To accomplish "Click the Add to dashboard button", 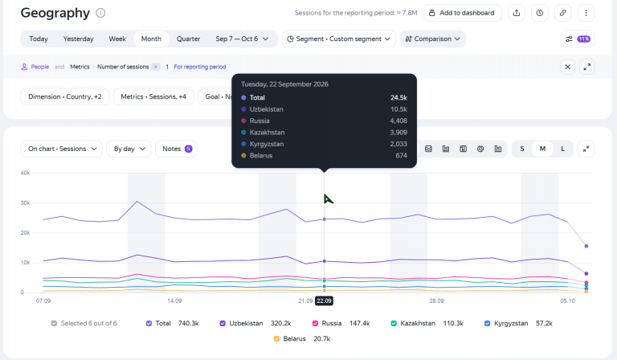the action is (463, 13).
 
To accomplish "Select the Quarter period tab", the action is (188, 39).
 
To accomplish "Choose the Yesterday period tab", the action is (78, 39).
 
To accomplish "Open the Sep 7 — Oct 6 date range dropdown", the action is (242, 39).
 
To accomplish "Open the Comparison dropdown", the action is (432, 39).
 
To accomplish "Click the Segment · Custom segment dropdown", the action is (338, 39).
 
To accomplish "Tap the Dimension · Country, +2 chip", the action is (65, 96).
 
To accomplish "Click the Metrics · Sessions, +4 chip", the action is (153, 96).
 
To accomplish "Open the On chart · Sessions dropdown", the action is (62, 149).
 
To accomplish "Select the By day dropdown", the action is (129, 149).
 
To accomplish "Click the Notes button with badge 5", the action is (176, 149).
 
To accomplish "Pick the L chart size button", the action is (562, 149).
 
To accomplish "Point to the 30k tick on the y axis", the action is (25, 203).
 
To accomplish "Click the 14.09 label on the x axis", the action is (174, 301).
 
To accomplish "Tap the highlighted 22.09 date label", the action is (325, 301).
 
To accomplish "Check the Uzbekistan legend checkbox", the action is (223, 323).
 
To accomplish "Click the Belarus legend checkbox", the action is (276, 339).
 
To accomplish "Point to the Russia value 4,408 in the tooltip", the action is (398, 121).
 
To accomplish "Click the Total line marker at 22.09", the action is (325, 219).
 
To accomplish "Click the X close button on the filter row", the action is (567, 67).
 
